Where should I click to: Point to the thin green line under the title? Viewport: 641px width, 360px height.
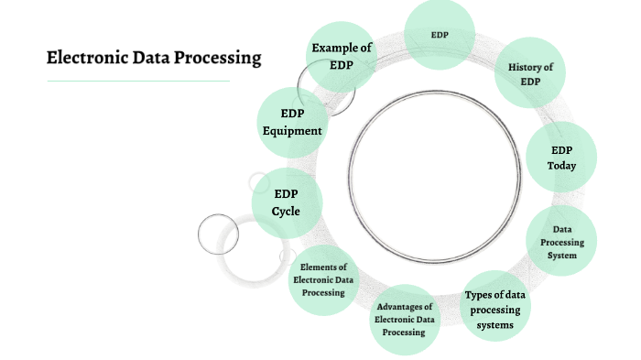tap(138, 81)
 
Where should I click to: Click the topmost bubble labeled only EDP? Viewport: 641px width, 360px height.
tap(440, 35)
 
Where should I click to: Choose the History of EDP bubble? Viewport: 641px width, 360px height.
tap(529, 74)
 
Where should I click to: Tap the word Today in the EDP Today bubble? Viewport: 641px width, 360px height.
tap(562, 166)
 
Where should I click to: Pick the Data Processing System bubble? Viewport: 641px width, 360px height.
tap(562, 242)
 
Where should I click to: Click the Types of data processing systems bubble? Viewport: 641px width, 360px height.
tap(494, 310)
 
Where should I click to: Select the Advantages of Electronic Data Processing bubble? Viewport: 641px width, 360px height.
tap(405, 319)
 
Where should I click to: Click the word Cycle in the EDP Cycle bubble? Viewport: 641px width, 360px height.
tap(286, 212)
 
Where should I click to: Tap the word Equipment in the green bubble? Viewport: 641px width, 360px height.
tap(292, 131)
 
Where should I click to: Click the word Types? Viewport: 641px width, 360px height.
tap(481, 295)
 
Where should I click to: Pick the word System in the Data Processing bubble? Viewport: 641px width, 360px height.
tap(562, 256)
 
